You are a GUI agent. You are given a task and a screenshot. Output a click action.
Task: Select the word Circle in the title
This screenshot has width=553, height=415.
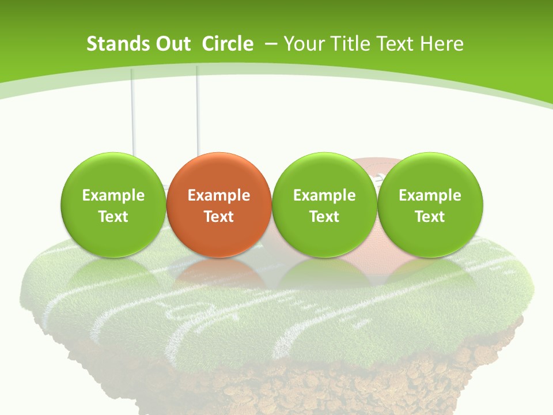(228, 44)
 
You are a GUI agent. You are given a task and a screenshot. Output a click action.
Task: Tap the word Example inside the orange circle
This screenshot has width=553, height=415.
(219, 195)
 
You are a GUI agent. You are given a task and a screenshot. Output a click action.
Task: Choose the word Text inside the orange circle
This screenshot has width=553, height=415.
(219, 217)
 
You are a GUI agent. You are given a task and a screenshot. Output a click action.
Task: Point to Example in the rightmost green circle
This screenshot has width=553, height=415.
(430, 195)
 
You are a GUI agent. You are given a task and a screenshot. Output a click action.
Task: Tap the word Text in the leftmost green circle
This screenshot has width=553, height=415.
(113, 217)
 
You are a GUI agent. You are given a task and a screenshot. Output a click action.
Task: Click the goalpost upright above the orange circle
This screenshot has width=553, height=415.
(197, 110)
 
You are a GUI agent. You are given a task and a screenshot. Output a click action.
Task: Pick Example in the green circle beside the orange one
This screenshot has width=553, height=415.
(324, 195)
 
